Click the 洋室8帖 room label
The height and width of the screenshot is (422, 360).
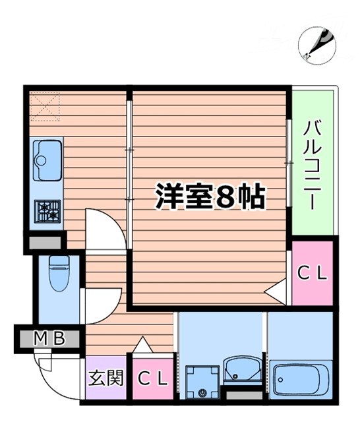tap(210, 196)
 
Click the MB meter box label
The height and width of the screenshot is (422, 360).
tap(50, 340)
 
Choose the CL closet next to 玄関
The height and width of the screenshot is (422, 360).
tap(154, 378)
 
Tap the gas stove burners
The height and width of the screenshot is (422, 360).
tap(47, 210)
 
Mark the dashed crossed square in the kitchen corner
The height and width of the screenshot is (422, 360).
tap(45, 107)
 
